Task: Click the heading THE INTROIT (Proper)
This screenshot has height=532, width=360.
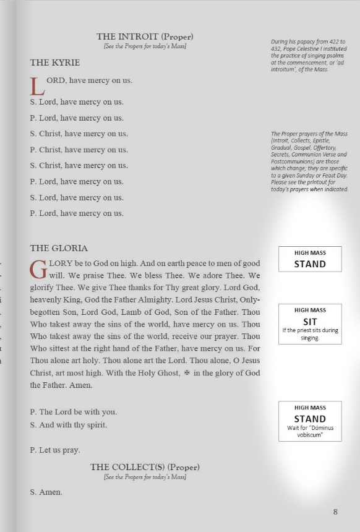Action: [145, 36]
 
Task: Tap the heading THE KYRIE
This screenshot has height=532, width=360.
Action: [55, 62]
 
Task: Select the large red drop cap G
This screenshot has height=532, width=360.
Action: [38, 269]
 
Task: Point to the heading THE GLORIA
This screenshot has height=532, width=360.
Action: [59, 248]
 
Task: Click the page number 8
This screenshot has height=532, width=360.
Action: [335, 512]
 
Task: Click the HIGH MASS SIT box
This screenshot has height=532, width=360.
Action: [310, 323]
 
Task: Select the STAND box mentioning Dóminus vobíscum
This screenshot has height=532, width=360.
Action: [310, 421]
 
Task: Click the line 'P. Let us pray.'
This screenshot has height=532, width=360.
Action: [55, 450]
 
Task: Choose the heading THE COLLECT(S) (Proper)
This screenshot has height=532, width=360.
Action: [145, 467]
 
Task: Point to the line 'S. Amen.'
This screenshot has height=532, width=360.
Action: [46, 492]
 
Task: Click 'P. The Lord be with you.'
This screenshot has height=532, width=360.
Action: [73, 412]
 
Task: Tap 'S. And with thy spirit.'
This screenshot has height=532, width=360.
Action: [69, 425]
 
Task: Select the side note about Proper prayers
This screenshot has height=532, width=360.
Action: [309, 161]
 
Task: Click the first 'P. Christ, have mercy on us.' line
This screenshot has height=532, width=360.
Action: [79, 150]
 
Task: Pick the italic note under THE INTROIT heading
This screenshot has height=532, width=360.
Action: [145, 46]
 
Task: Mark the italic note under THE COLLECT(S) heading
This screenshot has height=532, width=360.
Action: [145, 477]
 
